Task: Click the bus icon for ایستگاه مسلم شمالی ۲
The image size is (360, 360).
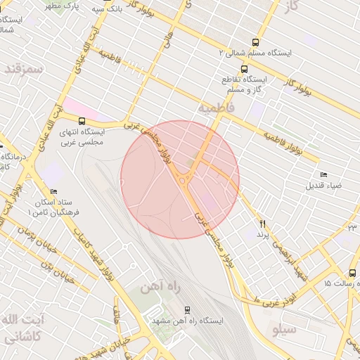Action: pos(255,42)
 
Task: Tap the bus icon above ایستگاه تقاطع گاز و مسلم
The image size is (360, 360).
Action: pos(244,69)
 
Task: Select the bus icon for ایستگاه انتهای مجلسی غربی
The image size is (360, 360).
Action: pos(82,121)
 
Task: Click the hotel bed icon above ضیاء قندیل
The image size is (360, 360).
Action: pos(323,174)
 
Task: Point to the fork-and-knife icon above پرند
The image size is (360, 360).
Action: pos(263,224)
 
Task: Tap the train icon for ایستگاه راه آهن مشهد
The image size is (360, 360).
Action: pos(187,309)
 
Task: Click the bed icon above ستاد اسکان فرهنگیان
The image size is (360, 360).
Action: pos(54,191)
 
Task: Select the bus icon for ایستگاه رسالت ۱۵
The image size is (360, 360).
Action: pos(352,273)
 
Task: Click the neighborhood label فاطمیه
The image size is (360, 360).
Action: pos(214,109)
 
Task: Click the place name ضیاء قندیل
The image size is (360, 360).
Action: pos(323,186)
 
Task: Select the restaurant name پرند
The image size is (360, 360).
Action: pos(263,233)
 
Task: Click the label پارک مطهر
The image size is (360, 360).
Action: pos(63,6)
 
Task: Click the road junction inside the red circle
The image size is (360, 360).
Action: pos(184,182)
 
